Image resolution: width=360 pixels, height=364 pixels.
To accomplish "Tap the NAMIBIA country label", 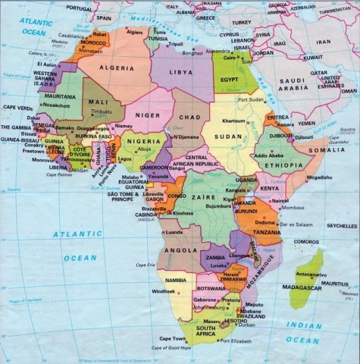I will click(x=172, y=281).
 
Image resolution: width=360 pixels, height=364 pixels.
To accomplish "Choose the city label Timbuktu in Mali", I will click(x=101, y=111).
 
